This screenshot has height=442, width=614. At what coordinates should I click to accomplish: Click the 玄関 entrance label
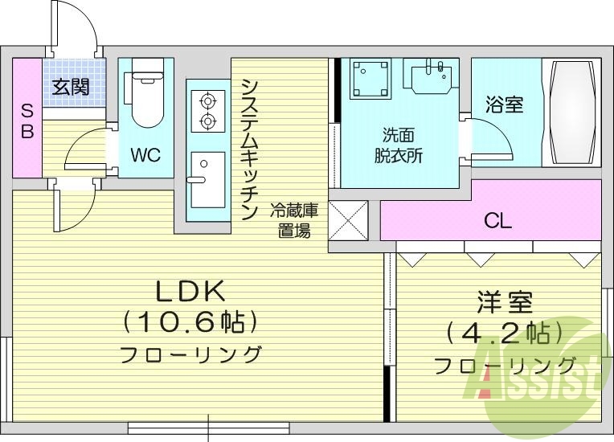71,88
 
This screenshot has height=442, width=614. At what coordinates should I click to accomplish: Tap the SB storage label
27,121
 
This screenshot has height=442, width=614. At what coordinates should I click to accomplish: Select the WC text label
145,154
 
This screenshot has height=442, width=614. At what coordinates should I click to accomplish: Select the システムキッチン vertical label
249,149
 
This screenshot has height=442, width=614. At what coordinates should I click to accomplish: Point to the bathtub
572,113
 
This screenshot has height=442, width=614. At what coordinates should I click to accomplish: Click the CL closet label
497,220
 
